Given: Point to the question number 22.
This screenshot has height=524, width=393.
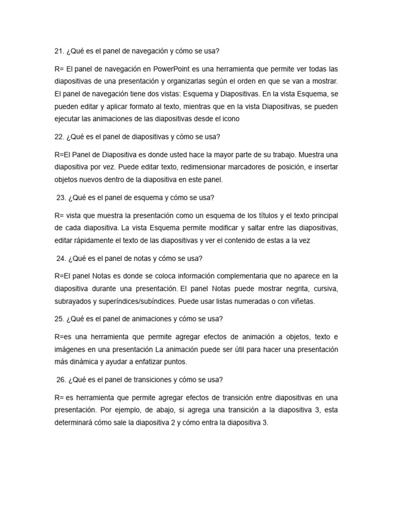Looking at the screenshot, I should tap(58, 137).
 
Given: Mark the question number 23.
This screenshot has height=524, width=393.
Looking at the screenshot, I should tap(60, 198).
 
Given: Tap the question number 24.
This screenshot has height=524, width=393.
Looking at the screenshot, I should tap(60, 258).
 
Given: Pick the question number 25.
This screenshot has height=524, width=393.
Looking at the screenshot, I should tap(58, 319).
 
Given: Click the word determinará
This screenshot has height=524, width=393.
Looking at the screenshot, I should tap(75, 423).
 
